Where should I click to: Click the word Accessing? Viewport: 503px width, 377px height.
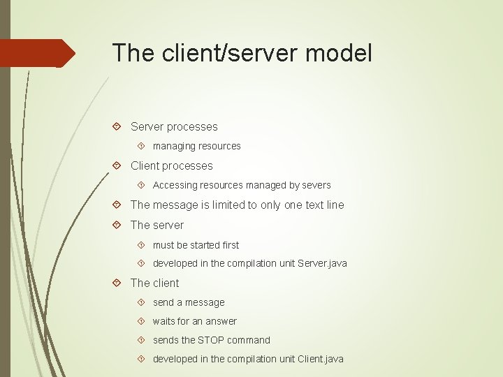coord(175,185)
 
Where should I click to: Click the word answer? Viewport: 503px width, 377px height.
coord(221,321)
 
